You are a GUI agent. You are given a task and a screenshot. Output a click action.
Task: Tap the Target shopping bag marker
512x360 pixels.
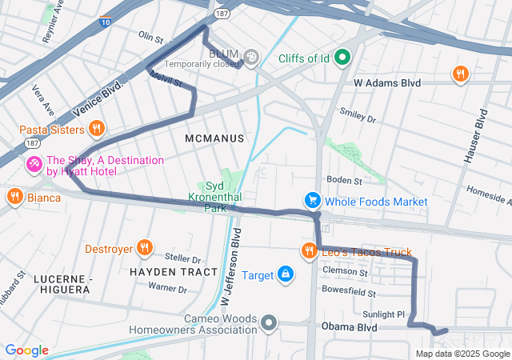tap(286, 275)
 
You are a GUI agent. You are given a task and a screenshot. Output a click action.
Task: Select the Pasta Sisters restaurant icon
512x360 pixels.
tap(96, 129)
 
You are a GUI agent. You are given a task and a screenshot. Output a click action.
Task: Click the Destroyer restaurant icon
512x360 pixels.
tap(145, 248)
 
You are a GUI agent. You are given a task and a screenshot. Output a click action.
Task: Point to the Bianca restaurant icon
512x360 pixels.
tap(14, 197)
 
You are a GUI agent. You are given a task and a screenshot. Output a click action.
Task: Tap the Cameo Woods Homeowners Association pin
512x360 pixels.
tap(270, 324)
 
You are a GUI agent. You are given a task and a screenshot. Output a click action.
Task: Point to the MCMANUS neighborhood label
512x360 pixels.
tap(214, 138)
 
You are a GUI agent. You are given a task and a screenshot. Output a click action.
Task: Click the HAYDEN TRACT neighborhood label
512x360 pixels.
tap(173, 272)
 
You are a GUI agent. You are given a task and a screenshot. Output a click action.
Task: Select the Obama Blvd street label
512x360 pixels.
tap(348, 326)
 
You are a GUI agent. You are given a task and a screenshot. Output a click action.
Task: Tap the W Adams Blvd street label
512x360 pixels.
tap(387, 82)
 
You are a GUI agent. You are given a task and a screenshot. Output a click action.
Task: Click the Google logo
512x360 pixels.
tap(26, 350)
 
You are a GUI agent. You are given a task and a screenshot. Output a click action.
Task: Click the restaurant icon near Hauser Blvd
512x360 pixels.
tap(460, 74)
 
